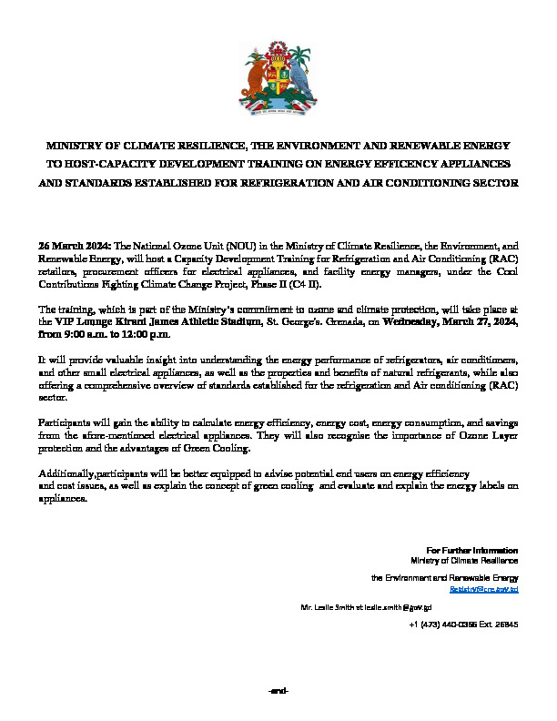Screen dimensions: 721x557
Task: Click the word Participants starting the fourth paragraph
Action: click(63, 425)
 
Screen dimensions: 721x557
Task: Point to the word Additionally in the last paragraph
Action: click(64, 475)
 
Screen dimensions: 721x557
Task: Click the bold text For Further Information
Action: click(471, 551)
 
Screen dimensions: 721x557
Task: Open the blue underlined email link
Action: click(489, 590)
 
